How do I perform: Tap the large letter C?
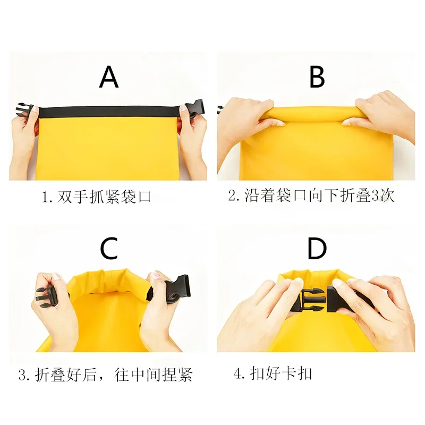(x=109, y=248)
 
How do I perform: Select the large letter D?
(x=317, y=248)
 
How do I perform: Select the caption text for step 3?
(x=105, y=375)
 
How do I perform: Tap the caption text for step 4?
(x=273, y=373)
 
